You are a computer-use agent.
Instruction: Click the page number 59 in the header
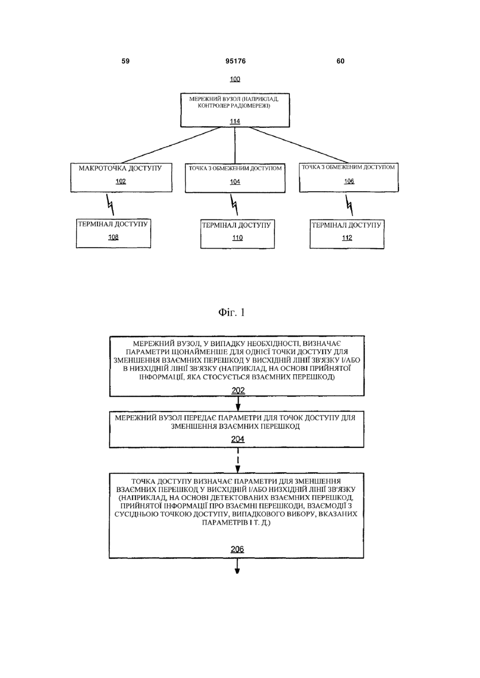[125, 61]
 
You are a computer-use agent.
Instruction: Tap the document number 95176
[235, 61]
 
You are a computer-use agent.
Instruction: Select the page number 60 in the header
[340, 61]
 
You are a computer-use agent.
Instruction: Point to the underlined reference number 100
[235, 79]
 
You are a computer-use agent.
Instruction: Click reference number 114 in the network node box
[235, 121]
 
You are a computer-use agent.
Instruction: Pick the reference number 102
[121, 182]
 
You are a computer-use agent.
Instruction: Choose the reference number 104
[235, 182]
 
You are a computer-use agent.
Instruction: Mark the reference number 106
[349, 181]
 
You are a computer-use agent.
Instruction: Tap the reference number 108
[113, 238]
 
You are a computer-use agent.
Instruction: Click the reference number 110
[238, 238]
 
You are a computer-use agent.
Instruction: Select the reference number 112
[347, 238]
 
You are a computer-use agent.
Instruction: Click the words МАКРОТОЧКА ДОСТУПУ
[120, 168]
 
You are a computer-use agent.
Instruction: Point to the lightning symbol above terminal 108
[110, 205]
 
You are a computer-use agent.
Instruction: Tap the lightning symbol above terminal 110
[234, 205]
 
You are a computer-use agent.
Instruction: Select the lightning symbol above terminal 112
[349, 205]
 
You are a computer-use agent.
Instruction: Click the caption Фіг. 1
[231, 312]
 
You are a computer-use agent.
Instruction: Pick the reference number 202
[238, 390]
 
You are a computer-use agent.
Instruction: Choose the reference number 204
[238, 439]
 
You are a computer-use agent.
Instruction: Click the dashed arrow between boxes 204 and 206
[238, 460]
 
